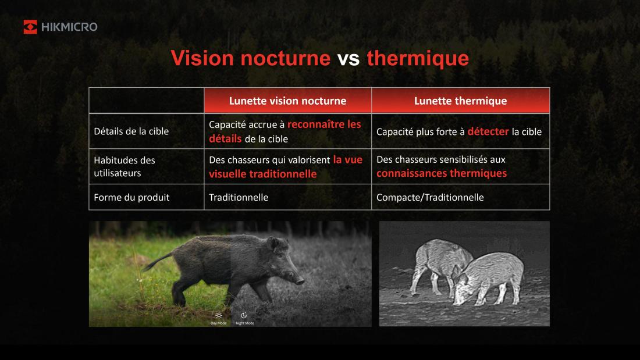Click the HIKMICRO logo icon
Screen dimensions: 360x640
30,27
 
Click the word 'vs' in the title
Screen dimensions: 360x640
349,58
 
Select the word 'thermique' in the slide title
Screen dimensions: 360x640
417,58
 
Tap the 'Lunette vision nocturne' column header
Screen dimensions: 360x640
287,101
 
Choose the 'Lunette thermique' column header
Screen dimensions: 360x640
460,101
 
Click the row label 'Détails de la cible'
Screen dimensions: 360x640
131,131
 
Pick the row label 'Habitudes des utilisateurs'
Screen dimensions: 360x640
125,166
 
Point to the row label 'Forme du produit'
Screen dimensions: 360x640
131,197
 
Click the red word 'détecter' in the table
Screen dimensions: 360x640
488,131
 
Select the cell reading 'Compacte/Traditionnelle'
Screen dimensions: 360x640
430,197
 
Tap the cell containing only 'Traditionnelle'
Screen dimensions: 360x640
239,197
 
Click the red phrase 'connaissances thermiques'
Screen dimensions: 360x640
442,173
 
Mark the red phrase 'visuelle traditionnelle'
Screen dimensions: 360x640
262,174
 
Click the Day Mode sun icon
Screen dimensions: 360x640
219,315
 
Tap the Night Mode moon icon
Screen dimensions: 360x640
244,315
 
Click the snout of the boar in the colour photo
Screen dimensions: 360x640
300,281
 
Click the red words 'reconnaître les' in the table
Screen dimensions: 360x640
324,124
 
